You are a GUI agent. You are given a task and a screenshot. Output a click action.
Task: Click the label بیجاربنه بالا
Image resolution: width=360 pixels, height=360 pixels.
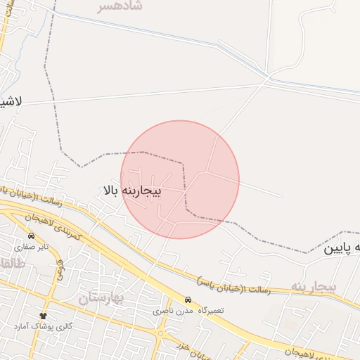click(132, 191)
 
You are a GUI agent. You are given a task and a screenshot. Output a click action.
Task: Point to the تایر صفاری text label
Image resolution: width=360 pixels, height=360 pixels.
click(34, 247)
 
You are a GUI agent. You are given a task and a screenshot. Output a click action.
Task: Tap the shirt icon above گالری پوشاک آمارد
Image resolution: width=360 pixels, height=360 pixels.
click(43, 316)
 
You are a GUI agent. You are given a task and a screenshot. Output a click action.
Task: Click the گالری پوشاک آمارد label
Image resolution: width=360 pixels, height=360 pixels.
click(43, 327)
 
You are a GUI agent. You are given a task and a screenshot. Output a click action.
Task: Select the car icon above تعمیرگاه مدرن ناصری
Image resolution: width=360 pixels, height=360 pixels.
click(188, 299)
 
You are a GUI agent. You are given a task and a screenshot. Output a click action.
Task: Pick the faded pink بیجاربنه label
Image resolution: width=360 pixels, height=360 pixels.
click(314, 287)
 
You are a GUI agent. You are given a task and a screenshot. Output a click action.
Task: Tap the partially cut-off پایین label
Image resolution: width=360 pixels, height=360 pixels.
click(342, 248)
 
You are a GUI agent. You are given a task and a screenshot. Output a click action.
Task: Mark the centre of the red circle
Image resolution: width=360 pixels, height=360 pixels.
click(180, 179)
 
